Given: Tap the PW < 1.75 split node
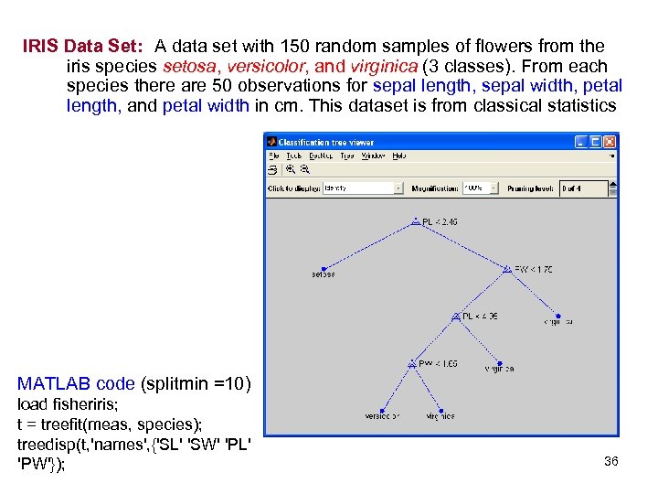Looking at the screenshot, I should [x=533, y=270].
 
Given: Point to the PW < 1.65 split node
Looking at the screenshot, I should [x=437, y=364].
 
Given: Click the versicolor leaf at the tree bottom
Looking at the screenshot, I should [x=382, y=416].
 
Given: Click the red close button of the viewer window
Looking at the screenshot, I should [x=610, y=142].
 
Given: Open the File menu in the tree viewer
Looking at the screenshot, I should [x=273, y=156].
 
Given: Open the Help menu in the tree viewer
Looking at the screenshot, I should [x=399, y=156].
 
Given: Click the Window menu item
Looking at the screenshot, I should [x=373, y=156].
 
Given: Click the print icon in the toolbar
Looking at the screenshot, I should [x=272, y=169].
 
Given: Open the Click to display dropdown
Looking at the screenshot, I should [x=363, y=188].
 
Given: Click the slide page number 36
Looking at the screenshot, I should [x=611, y=461].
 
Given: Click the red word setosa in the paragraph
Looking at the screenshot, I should [x=186, y=66].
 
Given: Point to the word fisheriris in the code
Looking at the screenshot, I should [x=84, y=404].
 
